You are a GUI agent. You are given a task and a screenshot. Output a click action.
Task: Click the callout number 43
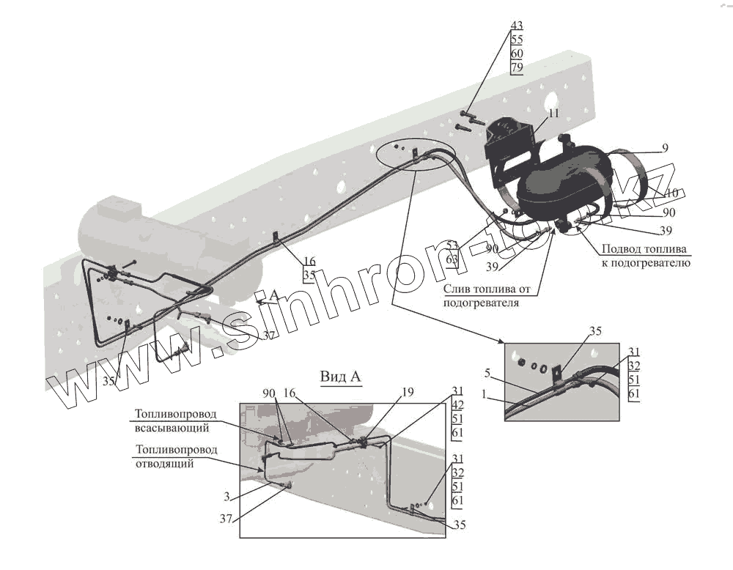click(x=517, y=25)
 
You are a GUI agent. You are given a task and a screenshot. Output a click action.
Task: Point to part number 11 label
click(x=553, y=113)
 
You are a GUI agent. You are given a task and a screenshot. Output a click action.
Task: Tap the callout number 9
click(x=665, y=148)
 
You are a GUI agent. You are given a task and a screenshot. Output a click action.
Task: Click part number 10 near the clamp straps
click(x=671, y=193)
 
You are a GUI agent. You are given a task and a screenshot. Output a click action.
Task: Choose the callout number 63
click(x=452, y=259)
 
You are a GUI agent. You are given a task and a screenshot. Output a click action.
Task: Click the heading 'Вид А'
click(x=342, y=377)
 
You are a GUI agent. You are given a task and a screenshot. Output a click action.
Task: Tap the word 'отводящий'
click(x=164, y=463)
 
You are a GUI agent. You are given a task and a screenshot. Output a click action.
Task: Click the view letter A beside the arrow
click(x=274, y=295)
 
